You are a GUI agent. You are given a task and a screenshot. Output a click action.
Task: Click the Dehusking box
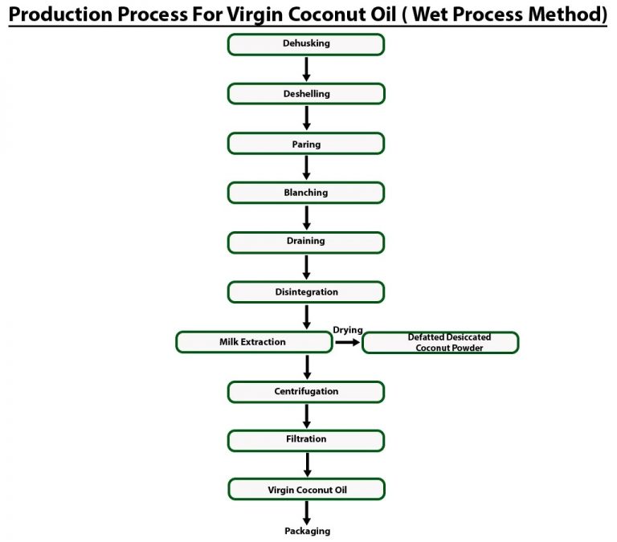(x=306, y=44)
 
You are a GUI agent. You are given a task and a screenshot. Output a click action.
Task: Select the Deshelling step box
(x=306, y=94)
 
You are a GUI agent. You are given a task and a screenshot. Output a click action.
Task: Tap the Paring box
(x=306, y=144)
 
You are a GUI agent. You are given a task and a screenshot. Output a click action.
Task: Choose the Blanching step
(x=306, y=193)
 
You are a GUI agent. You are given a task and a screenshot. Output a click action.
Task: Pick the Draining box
(x=306, y=242)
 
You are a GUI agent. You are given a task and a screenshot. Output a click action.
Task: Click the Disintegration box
(x=306, y=292)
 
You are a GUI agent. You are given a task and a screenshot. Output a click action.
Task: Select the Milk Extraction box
(x=253, y=342)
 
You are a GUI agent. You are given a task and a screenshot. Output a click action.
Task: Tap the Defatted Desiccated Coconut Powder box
(x=440, y=343)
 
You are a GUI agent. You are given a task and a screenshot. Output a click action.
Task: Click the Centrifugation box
(x=306, y=392)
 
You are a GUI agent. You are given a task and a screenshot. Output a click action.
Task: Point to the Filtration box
(x=306, y=440)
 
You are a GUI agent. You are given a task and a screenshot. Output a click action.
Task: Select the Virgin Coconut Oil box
(x=306, y=489)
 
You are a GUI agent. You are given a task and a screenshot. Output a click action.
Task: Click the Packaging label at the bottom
(x=307, y=531)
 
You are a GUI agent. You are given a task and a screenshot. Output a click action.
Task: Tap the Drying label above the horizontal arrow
(x=348, y=330)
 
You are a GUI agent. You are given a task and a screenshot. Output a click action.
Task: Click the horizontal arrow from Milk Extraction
(x=347, y=342)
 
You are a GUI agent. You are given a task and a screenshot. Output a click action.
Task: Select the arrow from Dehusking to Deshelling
(x=306, y=69)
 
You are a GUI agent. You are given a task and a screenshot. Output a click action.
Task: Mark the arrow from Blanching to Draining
(x=306, y=217)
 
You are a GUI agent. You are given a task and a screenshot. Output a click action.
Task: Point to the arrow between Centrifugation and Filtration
(x=306, y=416)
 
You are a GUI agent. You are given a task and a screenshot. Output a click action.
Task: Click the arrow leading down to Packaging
(x=306, y=511)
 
